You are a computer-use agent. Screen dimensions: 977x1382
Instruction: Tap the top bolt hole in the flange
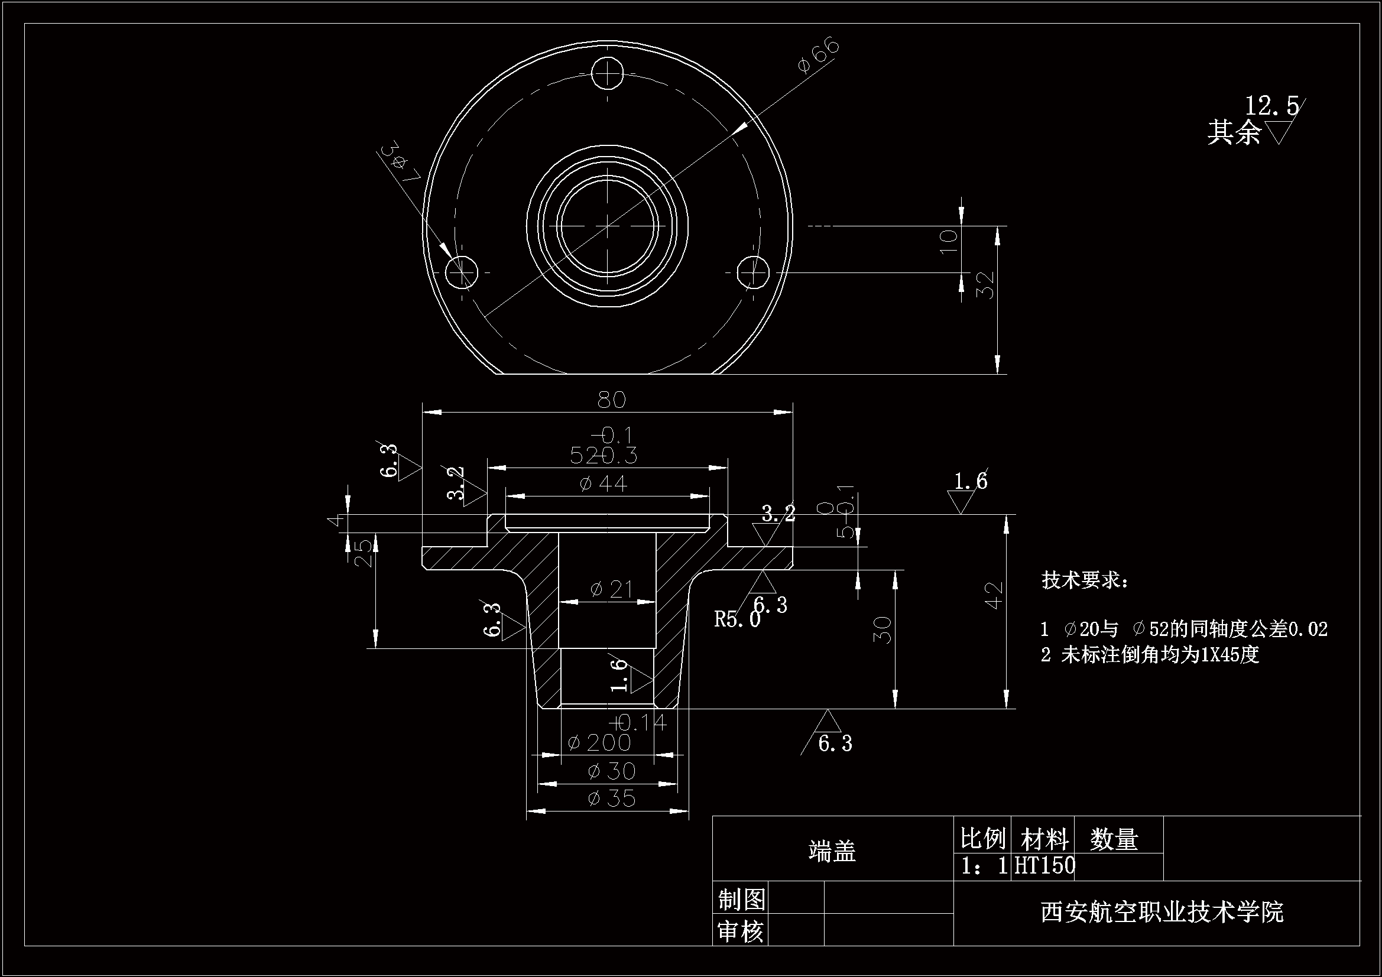coord(608,74)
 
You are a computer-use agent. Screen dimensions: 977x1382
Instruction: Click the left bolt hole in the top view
coord(462,272)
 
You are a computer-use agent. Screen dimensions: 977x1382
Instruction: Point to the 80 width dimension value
coord(612,400)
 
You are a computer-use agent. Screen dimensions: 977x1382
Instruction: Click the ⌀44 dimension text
coord(603,483)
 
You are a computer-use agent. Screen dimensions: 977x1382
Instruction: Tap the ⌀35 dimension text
coord(612,799)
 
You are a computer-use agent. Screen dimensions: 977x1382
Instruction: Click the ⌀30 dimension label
coord(612,771)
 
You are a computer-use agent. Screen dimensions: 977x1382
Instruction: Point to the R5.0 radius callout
coord(737,619)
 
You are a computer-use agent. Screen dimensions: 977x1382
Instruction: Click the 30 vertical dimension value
coord(883,629)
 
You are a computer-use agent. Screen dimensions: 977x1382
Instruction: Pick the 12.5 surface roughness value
coord(1271,106)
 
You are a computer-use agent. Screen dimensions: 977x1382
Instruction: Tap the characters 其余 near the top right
coord(1234,132)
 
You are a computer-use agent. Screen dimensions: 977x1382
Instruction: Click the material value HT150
coord(1044,866)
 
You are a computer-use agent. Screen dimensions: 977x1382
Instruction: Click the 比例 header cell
coord(983,838)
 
